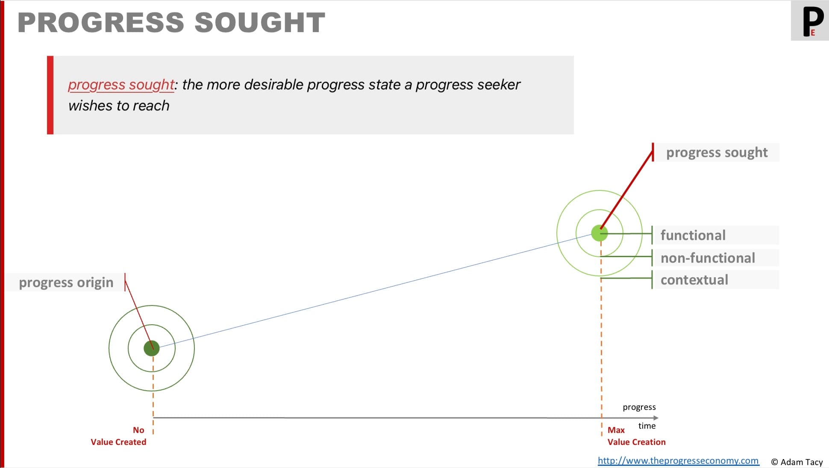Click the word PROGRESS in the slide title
(100, 22)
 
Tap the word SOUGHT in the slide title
(260, 22)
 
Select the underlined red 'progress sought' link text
(121, 85)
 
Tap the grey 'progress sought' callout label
(717, 152)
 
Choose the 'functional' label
(693, 235)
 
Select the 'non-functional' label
(708, 258)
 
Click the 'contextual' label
(694, 280)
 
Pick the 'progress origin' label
(66, 282)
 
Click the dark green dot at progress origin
(152, 348)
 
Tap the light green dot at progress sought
(600, 233)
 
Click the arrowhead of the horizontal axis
(656, 418)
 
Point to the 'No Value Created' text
(118, 436)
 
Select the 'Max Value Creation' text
(636, 436)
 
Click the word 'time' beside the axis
(647, 426)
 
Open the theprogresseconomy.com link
(678, 461)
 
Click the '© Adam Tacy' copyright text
(797, 462)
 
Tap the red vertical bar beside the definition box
(50, 95)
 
